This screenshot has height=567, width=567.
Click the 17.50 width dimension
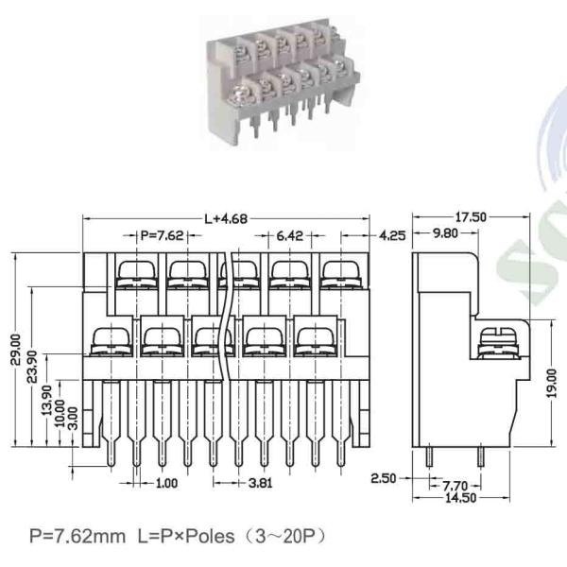pyautogui.click(x=479, y=217)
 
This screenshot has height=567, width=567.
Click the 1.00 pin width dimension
pyautogui.click(x=167, y=483)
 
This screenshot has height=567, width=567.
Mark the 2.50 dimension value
pyautogui.click(x=383, y=478)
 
